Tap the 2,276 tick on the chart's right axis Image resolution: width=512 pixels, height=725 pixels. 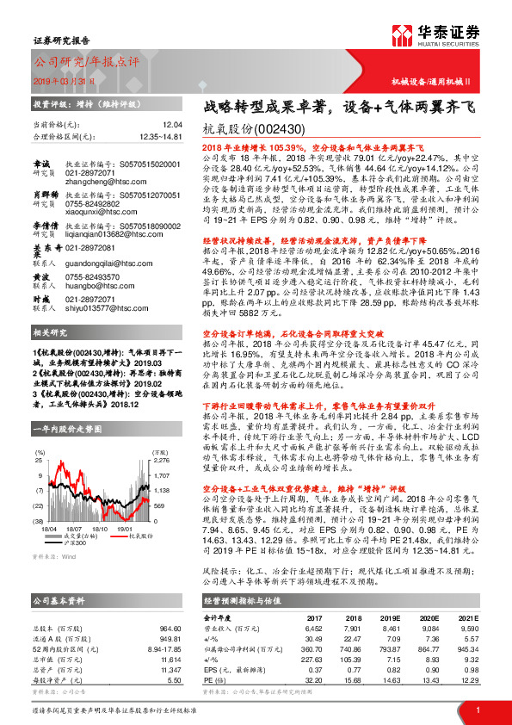tap(161, 460)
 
